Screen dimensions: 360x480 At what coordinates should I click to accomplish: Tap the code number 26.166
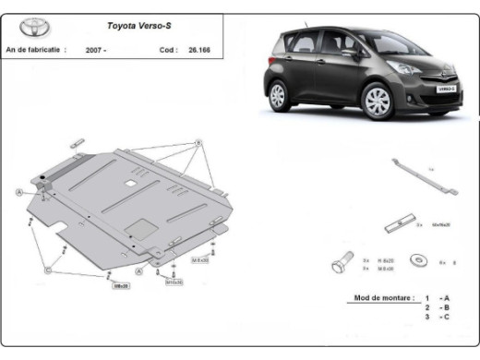point(198,50)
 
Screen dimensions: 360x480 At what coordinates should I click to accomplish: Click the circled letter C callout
point(46,270)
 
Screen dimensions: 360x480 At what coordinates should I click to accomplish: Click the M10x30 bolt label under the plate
point(174,282)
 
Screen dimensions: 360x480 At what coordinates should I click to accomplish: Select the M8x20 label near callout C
point(120,286)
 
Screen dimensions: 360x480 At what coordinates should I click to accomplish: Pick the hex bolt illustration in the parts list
point(338,265)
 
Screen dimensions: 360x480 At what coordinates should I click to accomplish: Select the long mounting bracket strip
point(421,175)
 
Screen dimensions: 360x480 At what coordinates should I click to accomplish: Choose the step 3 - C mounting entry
point(438,317)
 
